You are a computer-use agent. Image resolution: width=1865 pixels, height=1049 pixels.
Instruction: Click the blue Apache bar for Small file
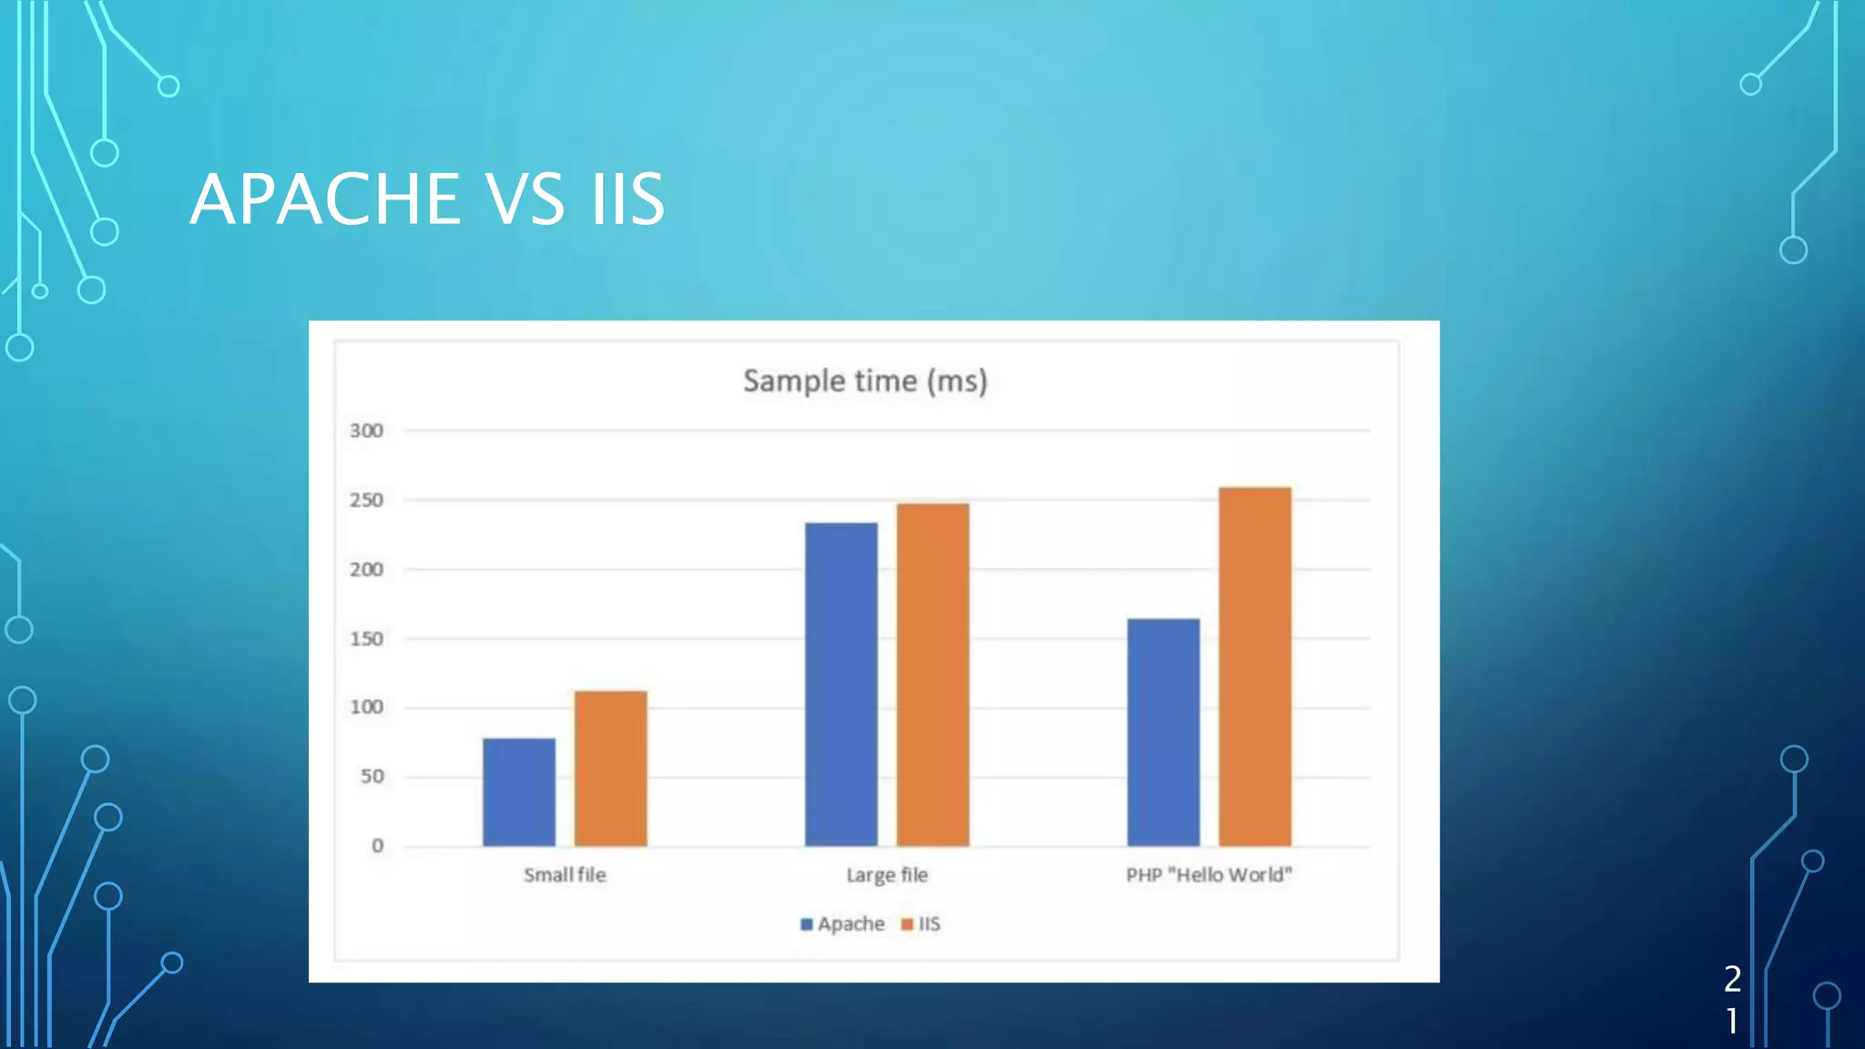(x=519, y=792)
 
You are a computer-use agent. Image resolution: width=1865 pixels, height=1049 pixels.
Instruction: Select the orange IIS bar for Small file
(x=610, y=769)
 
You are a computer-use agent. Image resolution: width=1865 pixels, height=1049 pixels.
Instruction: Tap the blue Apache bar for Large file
(x=841, y=684)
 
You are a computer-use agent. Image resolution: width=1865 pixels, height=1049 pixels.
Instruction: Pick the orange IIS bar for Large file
(x=932, y=675)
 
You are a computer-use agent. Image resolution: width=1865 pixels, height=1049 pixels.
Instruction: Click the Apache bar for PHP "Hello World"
(x=1163, y=732)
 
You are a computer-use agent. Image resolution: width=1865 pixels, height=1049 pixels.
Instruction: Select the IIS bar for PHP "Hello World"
(x=1255, y=667)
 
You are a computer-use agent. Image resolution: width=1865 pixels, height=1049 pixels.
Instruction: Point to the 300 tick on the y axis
(x=366, y=431)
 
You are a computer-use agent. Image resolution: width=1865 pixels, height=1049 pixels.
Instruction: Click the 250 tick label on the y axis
(x=366, y=500)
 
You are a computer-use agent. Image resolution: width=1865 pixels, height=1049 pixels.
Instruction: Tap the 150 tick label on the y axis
(x=366, y=639)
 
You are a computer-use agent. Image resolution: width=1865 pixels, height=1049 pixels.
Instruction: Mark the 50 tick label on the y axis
(x=372, y=777)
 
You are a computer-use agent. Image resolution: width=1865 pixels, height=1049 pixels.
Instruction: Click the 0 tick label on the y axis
(x=377, y=846)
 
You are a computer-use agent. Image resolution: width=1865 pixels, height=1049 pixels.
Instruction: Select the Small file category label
(x=565, y=875)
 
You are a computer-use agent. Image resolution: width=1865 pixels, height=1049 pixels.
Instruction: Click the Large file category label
(x=887, y=875)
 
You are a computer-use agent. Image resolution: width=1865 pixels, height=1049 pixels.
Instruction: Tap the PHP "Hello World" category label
(x=1208, y=875)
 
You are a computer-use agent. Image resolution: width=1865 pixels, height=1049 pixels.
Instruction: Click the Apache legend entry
(x=843, y=924)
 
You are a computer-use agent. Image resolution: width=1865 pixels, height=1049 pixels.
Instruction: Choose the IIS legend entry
(x=922, y=924)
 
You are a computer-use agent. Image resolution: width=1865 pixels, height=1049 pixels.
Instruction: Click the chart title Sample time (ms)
(x=865, y=381)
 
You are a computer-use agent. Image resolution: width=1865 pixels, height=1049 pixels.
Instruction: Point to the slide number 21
(x=1732, y=999)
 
